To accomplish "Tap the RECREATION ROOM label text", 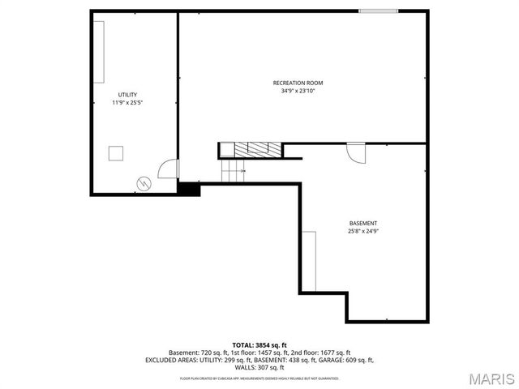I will (298, 83).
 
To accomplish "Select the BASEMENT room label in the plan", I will (362, 223).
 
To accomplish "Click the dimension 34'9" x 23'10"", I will (298, 91).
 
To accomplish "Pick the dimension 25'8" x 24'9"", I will (362, 231).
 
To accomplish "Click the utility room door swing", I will (169, 168).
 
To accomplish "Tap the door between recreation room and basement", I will (356, 152).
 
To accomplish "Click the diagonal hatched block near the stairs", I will (258, 150).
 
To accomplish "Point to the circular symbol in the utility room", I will (144, 184).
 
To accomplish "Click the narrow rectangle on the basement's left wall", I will (309, 261).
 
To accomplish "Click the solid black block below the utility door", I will (188, 189).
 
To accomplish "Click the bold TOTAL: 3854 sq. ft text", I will (259, 344).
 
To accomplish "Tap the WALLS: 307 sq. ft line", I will (259, 367).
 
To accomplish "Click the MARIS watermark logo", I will (491, 378).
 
